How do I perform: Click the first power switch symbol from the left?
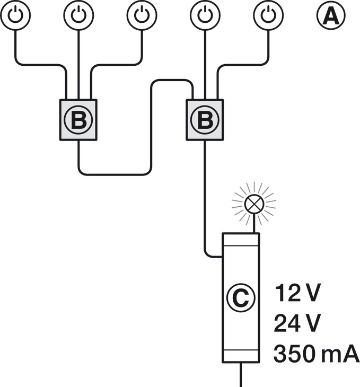(x=16, y=15)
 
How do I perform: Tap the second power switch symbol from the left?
(x=78, y=15)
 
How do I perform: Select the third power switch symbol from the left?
(x=142, y=15)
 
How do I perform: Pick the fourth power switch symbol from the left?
(x=205, y=15)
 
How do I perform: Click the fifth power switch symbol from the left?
(x=268, y=15)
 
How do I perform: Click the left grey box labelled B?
(x=78, y=120)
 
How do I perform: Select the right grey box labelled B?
(x=205, y=120)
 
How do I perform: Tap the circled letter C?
(x=241, y=298)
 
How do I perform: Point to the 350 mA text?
(x=316, y=353)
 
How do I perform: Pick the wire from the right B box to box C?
(x=205, y=201)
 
